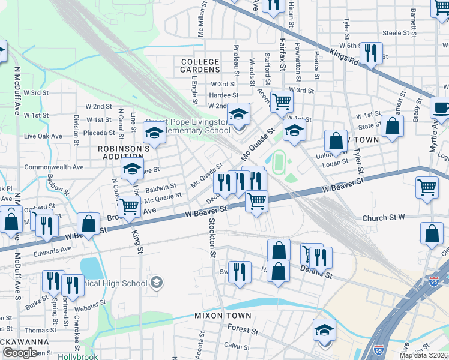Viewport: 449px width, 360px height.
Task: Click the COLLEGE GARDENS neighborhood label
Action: click(x=200, y=66)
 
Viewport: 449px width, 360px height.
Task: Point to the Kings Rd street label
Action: click(x=344, y=59)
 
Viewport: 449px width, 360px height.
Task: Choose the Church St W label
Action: click(x=384, y=217)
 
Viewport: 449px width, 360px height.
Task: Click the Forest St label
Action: click(x=243, y=330)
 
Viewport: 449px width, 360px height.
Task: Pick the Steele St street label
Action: click(x=395, y=33)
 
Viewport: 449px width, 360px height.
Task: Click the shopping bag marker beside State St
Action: click(x=392, y=126)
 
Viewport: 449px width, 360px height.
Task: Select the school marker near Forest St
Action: click(x=324, y=330)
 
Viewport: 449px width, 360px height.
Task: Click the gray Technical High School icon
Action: click(x=157, y=282)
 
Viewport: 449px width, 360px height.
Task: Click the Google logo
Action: click(x=20, y=353)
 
